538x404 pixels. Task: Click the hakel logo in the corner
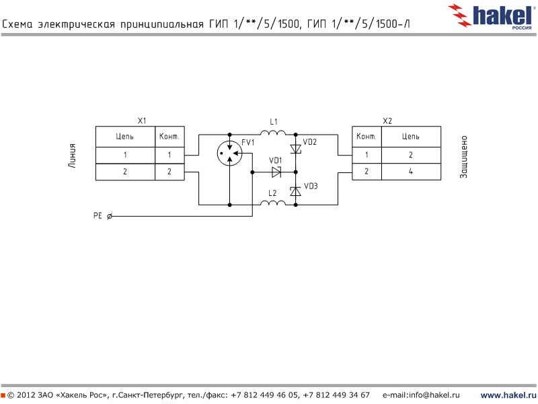(x=494, y=14)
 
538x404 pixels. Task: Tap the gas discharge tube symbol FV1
(x=229, y=154)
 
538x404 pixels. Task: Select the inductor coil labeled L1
(x=273, y=134)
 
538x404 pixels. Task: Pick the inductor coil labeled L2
(x=273, y=203)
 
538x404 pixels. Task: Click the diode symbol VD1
(x=276, y=172)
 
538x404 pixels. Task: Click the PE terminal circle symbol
(x=110, y=216)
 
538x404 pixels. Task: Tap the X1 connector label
(x=141, y=121)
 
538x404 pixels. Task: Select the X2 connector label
(x=387, y=121)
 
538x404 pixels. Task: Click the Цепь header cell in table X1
(x=125, y=137)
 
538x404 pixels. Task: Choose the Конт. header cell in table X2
(x=367, y=137)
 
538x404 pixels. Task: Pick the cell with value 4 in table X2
(x=411, y=172)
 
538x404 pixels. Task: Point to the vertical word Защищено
(x=463, y=156)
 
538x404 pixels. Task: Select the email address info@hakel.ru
(x=421, y=395)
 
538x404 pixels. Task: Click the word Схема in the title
(x=19, y=25)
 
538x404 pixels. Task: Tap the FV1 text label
(x=248, y=143)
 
